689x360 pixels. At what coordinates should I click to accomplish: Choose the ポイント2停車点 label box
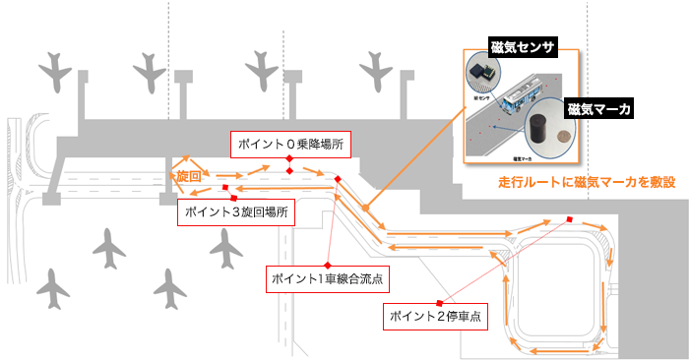click(x=436, y=317)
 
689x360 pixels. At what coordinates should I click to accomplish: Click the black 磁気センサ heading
click(x=524, y=47)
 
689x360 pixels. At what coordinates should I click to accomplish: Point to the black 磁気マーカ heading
click(x=599, y=108)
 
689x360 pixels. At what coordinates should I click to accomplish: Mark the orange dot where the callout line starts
click(x=365, y=209)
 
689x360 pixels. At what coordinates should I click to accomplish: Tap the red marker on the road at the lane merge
click(x=338, y=178)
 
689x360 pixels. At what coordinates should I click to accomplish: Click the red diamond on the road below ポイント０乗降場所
click(x=289, y=171)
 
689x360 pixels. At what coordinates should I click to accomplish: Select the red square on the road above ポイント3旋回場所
click(x=225, y=187)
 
